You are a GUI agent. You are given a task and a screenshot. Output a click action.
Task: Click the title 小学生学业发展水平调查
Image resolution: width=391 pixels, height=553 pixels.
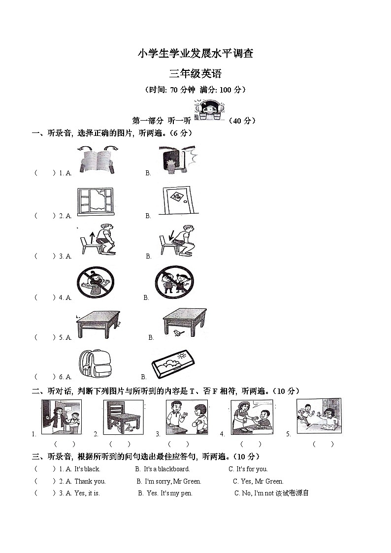tap(195, 54)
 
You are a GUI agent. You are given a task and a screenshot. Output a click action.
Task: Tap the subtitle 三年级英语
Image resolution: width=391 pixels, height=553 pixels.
tap(195, 74)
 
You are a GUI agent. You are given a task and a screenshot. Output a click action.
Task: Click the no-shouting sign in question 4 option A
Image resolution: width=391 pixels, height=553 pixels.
tap(95, 283)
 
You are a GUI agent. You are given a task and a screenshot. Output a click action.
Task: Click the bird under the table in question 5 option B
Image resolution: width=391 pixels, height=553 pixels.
tap(177, 333)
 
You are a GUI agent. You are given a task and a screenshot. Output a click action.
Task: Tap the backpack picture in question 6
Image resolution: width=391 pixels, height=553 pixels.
tap(95, 364)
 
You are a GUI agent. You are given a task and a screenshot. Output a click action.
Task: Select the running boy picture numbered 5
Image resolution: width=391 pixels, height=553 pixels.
tap(319, 416)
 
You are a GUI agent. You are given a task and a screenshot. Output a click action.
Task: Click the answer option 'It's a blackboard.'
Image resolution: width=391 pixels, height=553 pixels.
tap(166, 469)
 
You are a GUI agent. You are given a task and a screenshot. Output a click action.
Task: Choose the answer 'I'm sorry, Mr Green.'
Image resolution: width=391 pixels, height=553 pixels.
tap(169, 482)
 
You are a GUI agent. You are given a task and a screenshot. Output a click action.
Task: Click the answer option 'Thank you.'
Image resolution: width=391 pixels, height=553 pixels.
tap(90, 482)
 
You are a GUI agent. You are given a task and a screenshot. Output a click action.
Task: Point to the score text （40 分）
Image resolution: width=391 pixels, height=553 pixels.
tap(242, 121)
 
